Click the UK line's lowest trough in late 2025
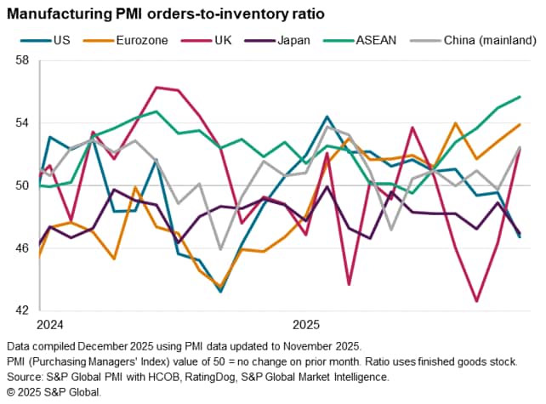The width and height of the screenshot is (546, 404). pyautogui.click(x=477, y=301)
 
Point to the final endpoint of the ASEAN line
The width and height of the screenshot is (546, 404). pyautogui.click(x=520, y=96)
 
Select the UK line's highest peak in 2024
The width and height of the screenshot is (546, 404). pyautogui.click(x=156, y=87)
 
